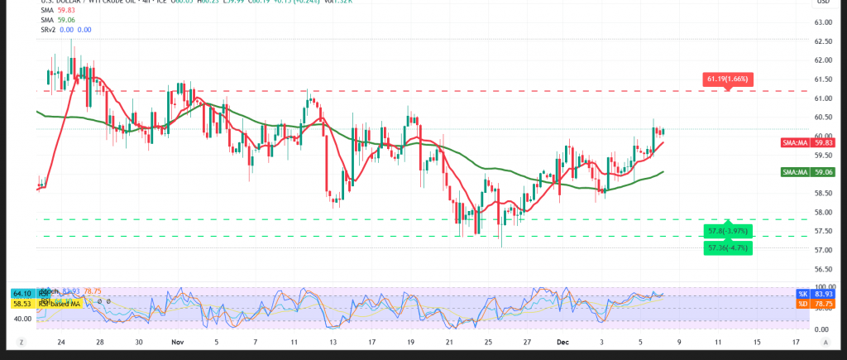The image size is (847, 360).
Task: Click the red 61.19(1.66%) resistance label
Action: click(x=728, y=79)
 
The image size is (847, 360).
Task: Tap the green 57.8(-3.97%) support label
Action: click(x=728, y=229)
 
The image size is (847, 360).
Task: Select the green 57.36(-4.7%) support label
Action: click(x=728, y=247)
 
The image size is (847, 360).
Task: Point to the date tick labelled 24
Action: click(x=61, y=340)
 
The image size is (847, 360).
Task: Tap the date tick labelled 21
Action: click(x=448, y=340)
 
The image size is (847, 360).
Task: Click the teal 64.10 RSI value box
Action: click(x=22, y=292)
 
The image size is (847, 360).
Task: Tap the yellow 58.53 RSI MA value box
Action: click(x=22, y=303)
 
